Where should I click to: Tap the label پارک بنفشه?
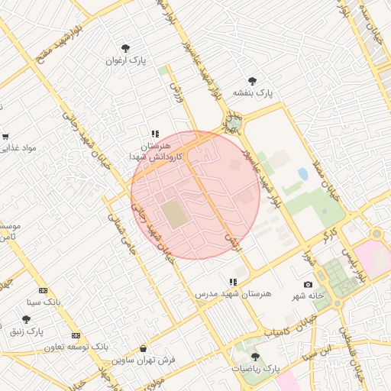[x=254, y=93]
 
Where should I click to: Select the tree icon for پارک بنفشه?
[x=253, y=81]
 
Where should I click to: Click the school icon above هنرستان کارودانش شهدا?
[x=155, y=134]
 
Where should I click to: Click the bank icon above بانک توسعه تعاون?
[x=76, y=335]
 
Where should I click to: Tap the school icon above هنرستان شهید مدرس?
[x=233, y=282]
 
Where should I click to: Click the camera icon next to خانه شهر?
[x=308, y=284]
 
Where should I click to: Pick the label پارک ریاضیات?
[x=257, y=369]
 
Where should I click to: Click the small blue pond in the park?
[x=303, y=174]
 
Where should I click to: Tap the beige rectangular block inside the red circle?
[x=175, y=215]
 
